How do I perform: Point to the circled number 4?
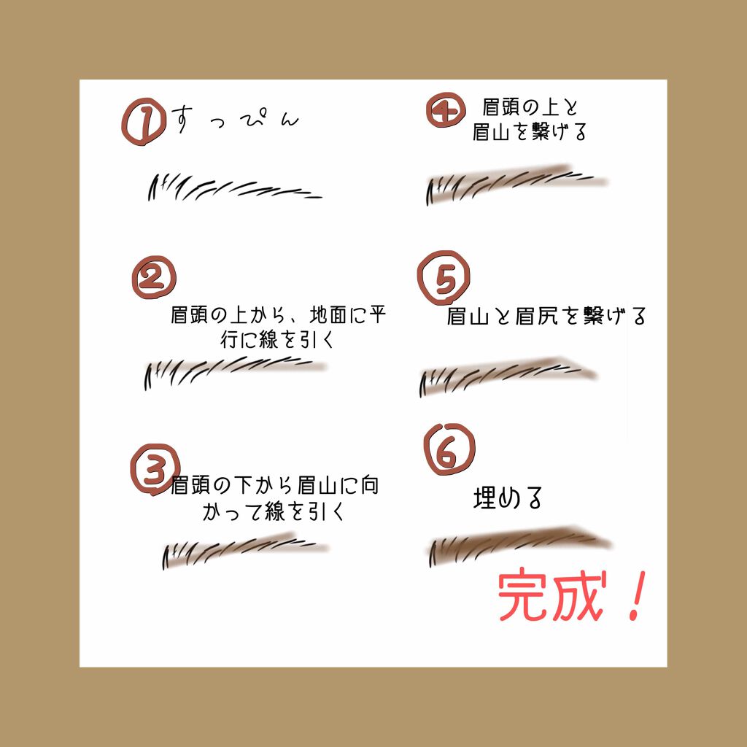click(446, 111)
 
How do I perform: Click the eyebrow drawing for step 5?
click(508, 373)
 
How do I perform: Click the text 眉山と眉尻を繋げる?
click(546, 316)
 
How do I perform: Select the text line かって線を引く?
click(273, 511)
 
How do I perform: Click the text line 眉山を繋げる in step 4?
click(530, 133)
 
